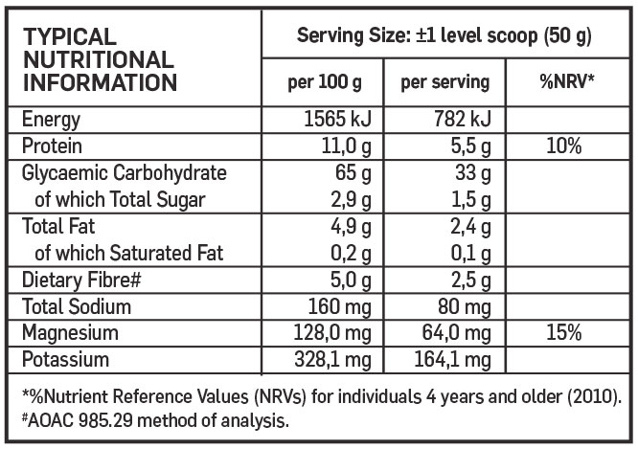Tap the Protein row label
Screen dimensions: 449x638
[53, 146]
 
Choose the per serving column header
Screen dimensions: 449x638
[444, 81]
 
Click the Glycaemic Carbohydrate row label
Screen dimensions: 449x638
[124, 173]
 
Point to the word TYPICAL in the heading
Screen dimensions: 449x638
[70, 37]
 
